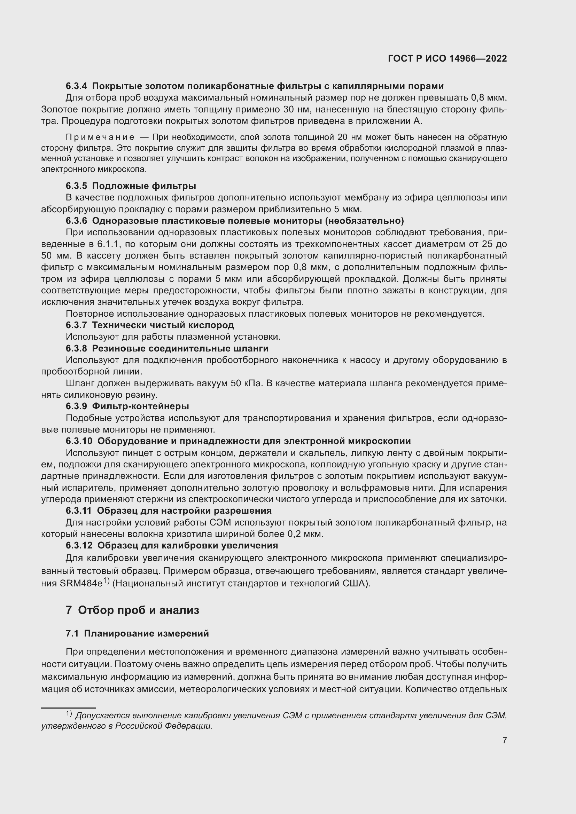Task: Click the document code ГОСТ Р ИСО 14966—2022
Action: [447, 59]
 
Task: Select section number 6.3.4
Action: [76, 86]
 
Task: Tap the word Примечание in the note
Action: [100, 137]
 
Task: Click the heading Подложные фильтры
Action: [144, 186]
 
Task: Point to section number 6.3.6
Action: [76, 221]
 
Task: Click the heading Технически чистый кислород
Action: [163, 325]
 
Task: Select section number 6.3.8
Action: [76, 348]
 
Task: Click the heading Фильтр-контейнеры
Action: [140, 406]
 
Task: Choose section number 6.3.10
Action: [79, 441]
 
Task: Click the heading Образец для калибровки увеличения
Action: [188, 545]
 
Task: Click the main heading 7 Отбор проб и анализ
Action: [132, 610]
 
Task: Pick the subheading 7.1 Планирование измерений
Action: [137, 633]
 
